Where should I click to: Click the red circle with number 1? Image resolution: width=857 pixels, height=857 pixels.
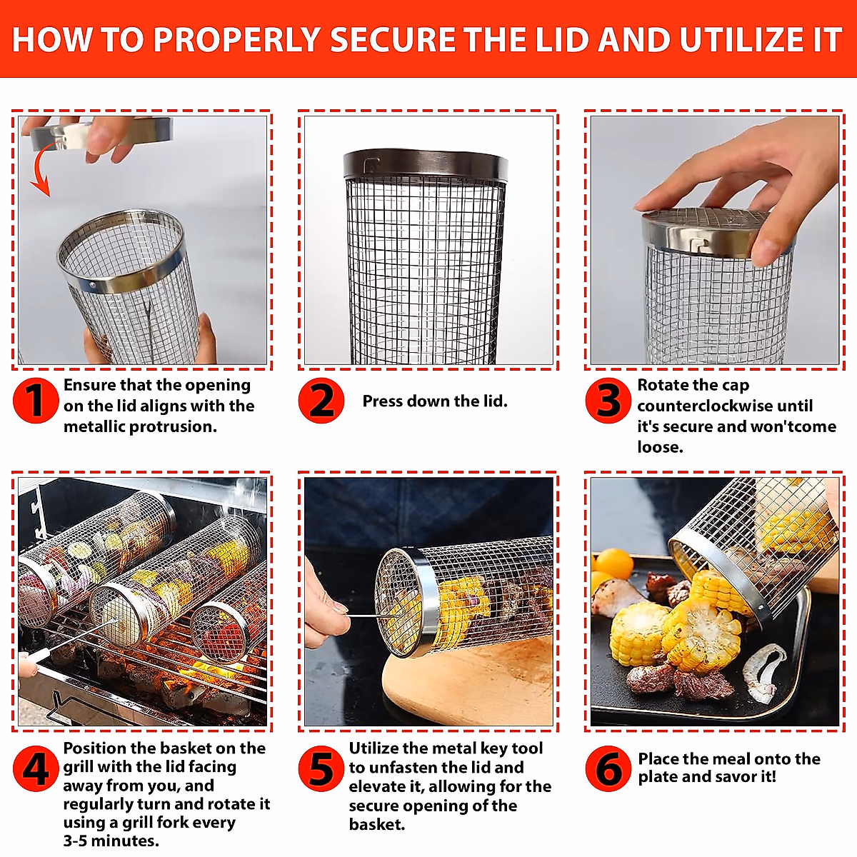[x=35, y=401]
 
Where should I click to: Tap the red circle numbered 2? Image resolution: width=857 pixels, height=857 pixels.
[x=321, y=401]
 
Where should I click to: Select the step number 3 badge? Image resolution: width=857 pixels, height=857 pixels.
[x=608, y=401]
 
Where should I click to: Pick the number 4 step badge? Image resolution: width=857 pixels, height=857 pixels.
[x=35, y=769]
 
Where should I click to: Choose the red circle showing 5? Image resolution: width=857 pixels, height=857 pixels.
[x=321, y=769]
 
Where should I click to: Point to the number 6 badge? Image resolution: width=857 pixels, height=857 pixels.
[x=608, y=769]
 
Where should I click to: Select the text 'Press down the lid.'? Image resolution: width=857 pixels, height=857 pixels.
[x=435, y=401]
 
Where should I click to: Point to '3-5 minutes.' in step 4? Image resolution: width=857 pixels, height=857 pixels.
[x=111, y=841]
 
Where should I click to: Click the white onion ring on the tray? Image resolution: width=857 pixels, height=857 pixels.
[x=763, y=671]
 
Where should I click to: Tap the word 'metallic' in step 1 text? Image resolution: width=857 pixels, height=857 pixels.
[x=95, y=427]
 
